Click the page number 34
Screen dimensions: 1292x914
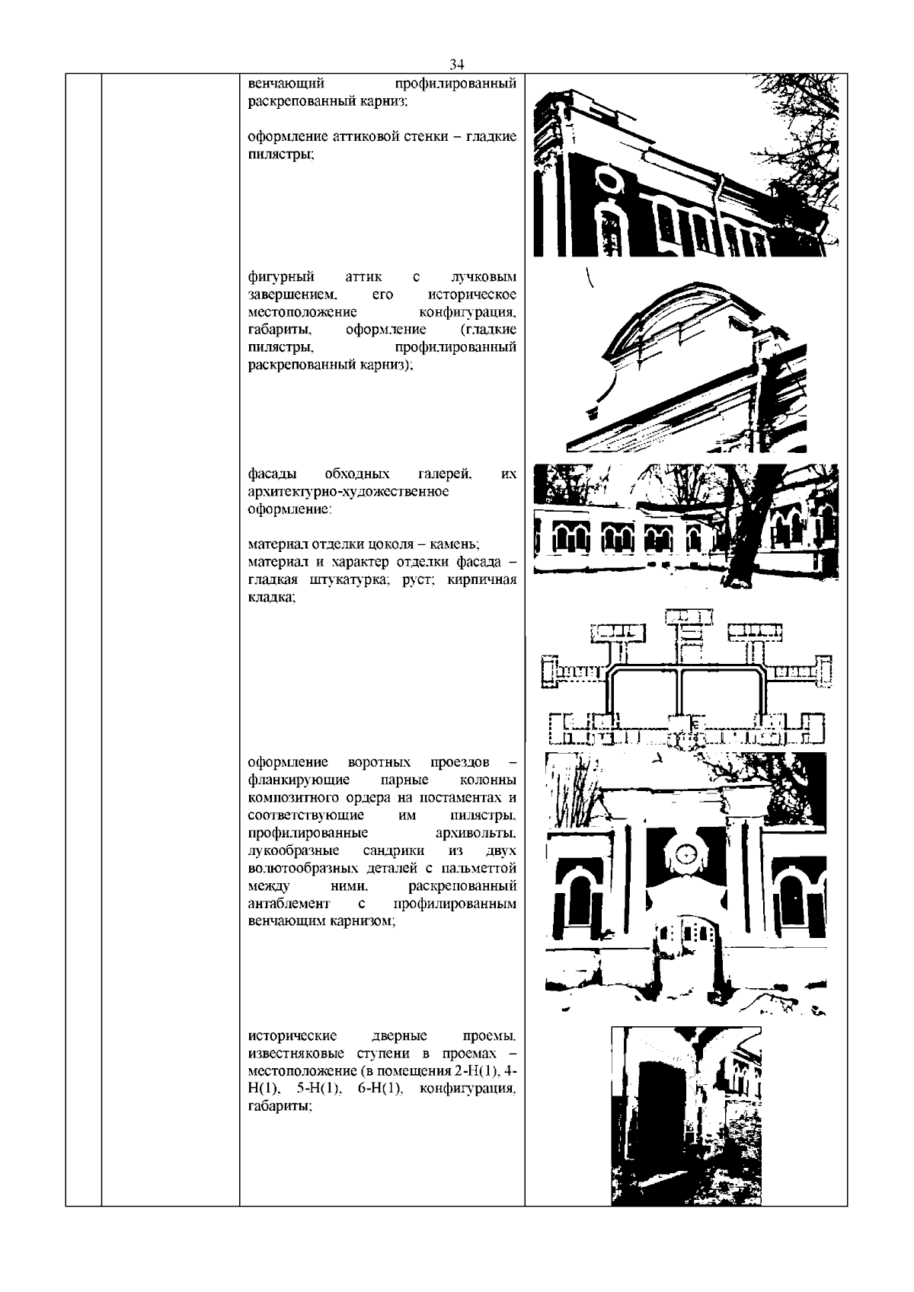tap(457, 63)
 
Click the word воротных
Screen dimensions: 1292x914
tap(379, 762)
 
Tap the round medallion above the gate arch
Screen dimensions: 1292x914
tap(686, 855)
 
